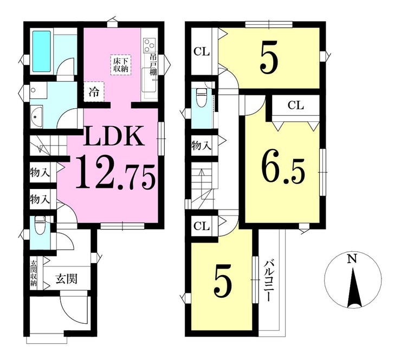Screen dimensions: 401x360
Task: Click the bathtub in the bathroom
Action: point(41,51)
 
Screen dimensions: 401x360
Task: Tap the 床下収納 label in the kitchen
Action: point(120,65)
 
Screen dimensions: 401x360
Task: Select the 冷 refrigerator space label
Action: point(94,91)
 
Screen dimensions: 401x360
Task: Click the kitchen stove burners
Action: point(150,45)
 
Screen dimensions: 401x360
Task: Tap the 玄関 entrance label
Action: point(67,279)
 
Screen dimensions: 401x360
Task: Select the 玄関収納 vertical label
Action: point(34,273)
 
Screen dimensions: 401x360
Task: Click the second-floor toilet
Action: point(201,97)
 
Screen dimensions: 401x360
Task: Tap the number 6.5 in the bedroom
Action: point(282,171)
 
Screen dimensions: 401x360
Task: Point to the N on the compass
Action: point(352,259)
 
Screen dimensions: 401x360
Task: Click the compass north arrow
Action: point(354,287)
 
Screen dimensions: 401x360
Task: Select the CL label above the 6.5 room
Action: point(295,105)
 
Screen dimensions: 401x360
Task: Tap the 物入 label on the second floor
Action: point(202,146)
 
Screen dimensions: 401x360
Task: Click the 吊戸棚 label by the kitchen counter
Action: point(153,66)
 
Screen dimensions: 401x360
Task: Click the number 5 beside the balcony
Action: point(223,283)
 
